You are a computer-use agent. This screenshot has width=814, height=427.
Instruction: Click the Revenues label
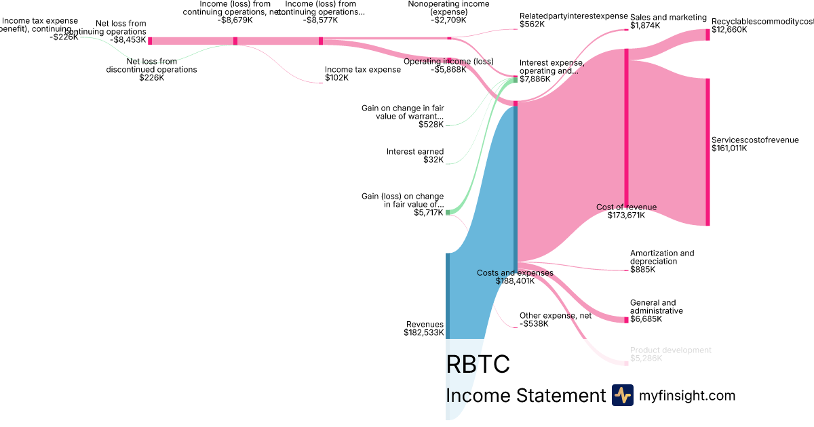pos(425,324)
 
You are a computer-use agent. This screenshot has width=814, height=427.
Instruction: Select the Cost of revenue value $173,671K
pos(626,216)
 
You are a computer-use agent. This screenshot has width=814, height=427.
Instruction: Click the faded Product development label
pos(670,350)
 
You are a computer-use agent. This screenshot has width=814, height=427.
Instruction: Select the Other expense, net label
pos(556,315)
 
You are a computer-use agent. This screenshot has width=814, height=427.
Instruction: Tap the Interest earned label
pos(415,152)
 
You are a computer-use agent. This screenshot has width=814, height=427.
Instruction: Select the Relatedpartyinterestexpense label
pos(573,16)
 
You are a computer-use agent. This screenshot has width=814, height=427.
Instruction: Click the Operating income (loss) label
pos(448,61)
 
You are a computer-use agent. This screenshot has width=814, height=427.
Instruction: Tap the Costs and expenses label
pos(515,273)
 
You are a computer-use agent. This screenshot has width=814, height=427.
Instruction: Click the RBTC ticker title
pos(478,364)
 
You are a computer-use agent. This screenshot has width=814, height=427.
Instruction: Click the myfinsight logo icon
pos(622,395)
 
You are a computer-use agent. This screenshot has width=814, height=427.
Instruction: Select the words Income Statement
pos(526,395)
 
